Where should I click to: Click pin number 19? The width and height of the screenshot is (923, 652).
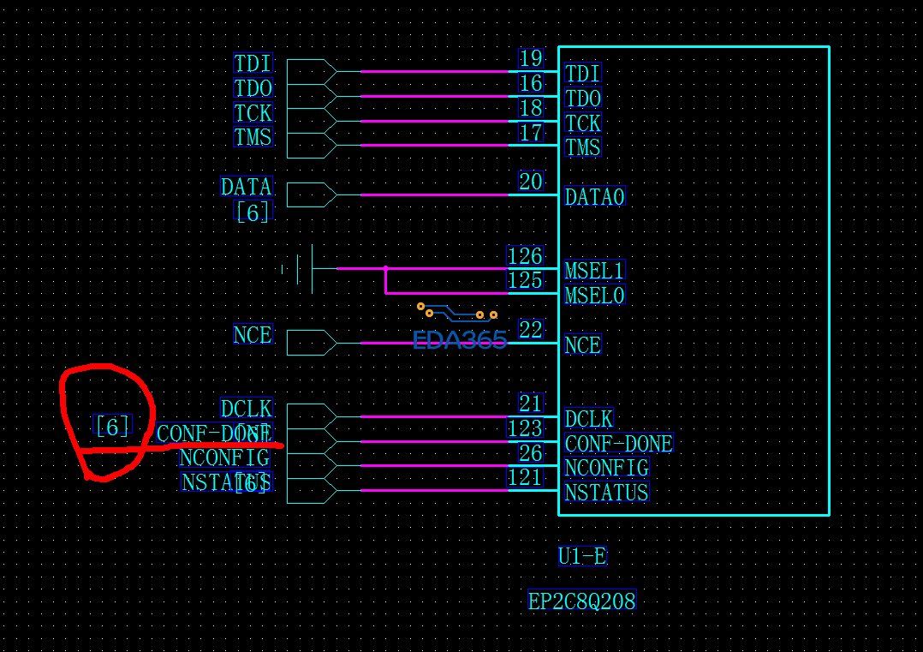click(531, 58)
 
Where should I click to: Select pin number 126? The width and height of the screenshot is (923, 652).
click(525, 256)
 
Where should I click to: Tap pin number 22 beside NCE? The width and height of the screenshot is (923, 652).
click(531, 330)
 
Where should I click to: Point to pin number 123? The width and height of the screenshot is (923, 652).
click(525, 428)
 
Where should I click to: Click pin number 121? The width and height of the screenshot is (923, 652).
click(525, 477)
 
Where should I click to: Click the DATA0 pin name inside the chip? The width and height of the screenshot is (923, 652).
click(595, 197)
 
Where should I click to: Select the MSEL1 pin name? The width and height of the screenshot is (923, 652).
click(595, 272)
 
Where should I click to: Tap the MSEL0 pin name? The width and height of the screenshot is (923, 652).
click(595, 296)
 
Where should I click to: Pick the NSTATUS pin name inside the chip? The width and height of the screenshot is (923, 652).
click(606, 493)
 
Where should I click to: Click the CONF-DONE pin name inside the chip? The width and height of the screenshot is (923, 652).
click(619, 444)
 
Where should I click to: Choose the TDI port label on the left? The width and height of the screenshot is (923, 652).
click(253, 63)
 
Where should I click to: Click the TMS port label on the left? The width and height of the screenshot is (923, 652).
click(253, 137)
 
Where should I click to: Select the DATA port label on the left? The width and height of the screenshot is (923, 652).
click(247, 187)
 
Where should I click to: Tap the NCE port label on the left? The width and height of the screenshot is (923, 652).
click(253, 335)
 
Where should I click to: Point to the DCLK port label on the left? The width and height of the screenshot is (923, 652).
click(247, 409)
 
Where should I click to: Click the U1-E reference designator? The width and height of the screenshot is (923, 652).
click(582, 557)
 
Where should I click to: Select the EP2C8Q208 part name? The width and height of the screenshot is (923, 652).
click(581, 601)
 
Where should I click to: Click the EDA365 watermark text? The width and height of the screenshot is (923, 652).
click(460, 340)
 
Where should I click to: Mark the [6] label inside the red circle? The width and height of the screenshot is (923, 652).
click(112, 426)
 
